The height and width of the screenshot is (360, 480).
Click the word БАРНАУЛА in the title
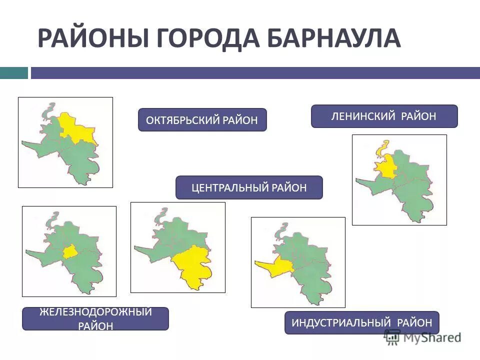[334, 38]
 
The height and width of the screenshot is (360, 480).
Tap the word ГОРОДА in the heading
[205, 38]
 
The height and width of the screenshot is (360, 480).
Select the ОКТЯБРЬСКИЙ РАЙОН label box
[202, 120]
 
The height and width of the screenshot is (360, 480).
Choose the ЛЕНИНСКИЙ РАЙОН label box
[384, 116]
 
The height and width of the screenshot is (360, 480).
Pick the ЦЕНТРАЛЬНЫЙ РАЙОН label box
[249, 187]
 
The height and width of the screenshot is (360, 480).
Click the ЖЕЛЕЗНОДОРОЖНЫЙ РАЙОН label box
[95, 319]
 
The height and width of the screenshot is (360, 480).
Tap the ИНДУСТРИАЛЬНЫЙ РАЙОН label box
[361, 322]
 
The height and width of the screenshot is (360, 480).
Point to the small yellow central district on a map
[70, 251]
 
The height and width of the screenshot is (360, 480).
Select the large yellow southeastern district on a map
[192, 265]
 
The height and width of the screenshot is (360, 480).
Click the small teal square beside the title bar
[13, 73]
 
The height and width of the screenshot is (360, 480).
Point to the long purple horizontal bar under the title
[255, 73]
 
